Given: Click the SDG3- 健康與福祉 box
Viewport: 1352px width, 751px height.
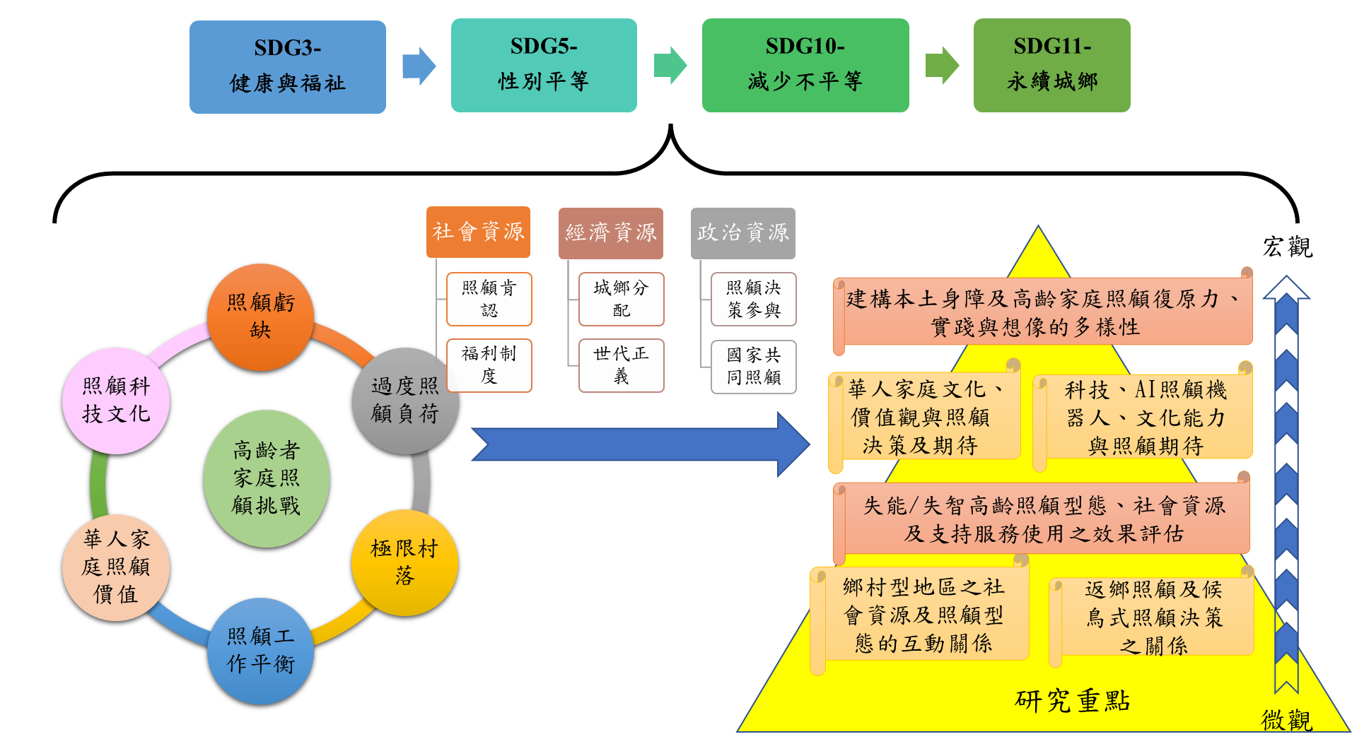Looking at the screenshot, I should click(288, 67).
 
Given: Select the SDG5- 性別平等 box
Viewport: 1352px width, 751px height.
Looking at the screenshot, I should click(544, 65).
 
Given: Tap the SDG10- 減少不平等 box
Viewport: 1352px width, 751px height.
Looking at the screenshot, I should click(805, 65).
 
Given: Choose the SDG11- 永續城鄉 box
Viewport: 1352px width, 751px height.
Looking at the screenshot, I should click(1052, 65).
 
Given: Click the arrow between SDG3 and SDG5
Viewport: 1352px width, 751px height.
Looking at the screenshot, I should click(419, 66).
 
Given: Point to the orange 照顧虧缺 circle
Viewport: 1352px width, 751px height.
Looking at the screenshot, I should click(260, 317).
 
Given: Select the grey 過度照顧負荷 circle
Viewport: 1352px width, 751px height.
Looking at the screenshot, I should click(405, 401).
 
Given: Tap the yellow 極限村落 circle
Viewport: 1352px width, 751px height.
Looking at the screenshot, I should click(404, 562).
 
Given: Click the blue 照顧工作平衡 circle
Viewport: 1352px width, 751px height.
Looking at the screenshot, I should click(260, 651).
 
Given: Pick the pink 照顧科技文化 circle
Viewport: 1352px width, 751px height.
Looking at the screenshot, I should click(116, 401).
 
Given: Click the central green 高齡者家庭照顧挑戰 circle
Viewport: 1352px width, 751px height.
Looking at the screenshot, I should click(267, 478).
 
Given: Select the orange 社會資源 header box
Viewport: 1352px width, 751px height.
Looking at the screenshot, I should click(478, 232).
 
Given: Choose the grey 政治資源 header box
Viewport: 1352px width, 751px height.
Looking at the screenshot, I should click(742, 233).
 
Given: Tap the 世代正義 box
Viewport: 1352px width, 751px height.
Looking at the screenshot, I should click(621, 365).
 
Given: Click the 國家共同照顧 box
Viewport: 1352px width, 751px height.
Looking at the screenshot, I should click(753, 367).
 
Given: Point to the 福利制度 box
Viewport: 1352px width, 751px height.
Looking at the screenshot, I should click(489, 365).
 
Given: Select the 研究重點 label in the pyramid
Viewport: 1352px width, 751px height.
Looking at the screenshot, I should click(1072, 701).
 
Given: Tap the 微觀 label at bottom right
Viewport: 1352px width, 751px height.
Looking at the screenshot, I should click(1286, 720).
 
